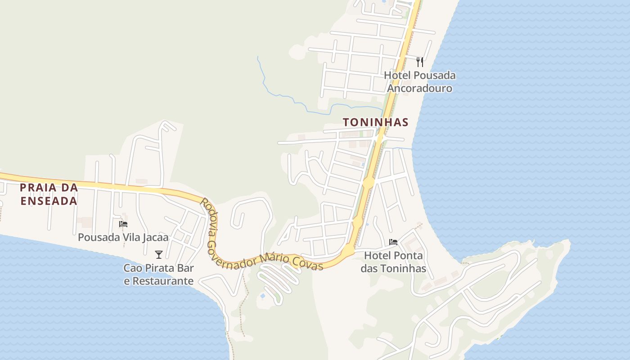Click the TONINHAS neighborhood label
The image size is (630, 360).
pyautogui.click(x=375, y=122)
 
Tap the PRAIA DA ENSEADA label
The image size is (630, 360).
pyautogui.click(x=49, y=194)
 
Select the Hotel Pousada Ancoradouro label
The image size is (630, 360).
pyautogui.click(x=419, y=81)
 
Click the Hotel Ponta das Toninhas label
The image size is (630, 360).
pyautogui.click(x=393, y=262)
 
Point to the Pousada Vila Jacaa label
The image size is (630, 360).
pyautogui.click(x=123, y=237)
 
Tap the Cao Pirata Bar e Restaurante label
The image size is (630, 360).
pyautogui.click(x=158, y=274)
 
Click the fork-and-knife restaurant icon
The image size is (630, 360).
pyautogui.click(x=419, y=62)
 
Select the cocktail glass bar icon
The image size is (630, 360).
pyautogui.click(x=158, y=255)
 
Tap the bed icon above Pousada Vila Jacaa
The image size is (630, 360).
pyautogui.click(x=123, y=224)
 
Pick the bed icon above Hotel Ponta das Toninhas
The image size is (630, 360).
pyautogui.click(x=393, y=242)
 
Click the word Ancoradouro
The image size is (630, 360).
pyautogui.click(x=419, y=88)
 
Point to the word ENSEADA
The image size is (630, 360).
pyautogui.click(x=49, y=201)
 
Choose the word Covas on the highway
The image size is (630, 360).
pyautogui.click(x=308, y=263)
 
